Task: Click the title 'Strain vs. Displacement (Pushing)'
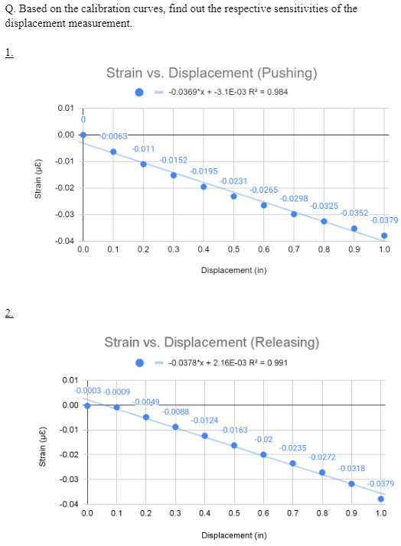coord(211,73)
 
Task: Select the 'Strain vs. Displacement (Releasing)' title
coord(211,341)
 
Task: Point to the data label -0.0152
coord(174,160)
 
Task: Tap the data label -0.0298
coord(294,198)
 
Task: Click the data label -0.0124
coord(204,421)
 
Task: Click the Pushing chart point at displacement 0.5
coord(233,196)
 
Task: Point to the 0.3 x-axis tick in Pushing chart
coord(174,249)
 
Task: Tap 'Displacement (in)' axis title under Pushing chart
coord(233,270)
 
